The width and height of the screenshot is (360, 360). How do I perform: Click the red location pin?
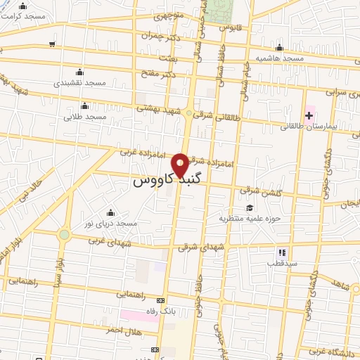pyautogui.click(x=180, y=164)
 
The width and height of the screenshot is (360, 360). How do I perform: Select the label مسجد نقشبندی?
pyautogui.click(x=80, y=83)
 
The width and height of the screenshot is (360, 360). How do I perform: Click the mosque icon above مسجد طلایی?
pyautogui.click(x=84, y=106)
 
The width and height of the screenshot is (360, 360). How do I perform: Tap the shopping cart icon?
pyautogui.click(x=52, y=44)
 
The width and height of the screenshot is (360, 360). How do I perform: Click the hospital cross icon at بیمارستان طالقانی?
pyautogui.click(x=309, y=115)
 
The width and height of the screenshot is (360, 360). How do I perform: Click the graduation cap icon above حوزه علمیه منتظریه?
pyautogui.click(x=250, y=207)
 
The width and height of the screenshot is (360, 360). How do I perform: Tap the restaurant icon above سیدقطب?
pyautogui.click(x=281, y=252)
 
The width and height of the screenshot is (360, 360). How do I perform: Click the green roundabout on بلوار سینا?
pyautogui.click(x=65, y=235)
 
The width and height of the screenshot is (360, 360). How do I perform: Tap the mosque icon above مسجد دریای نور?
pyautogui.click(x=110, y=212)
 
